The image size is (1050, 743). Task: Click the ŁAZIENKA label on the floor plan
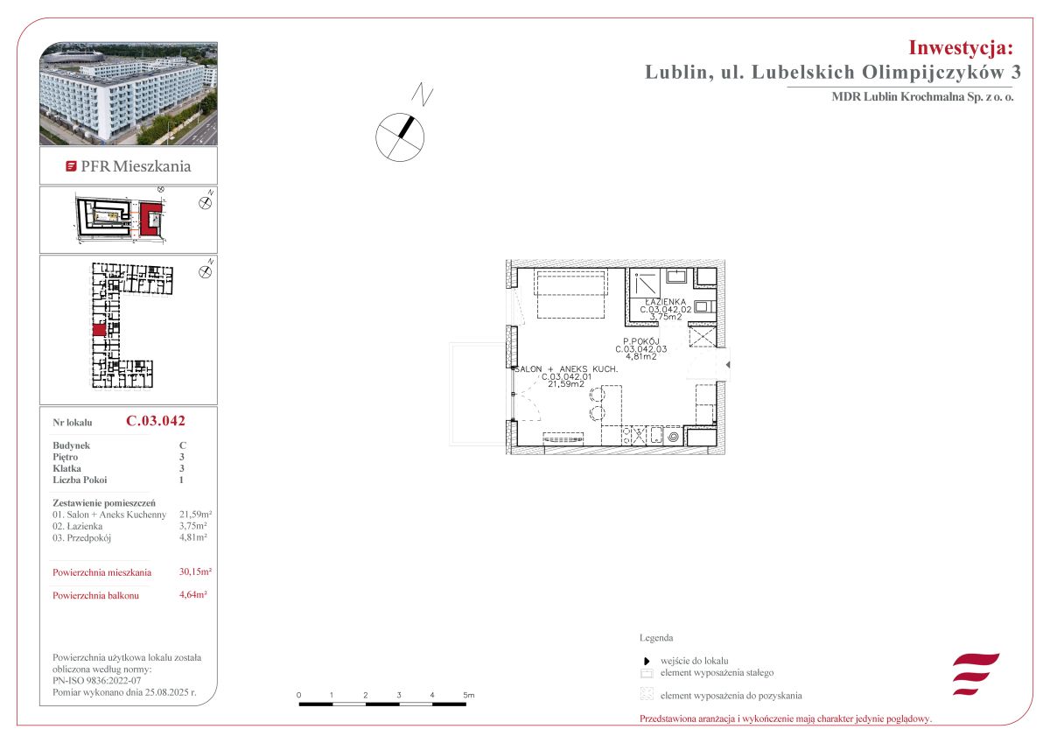coord(665,302)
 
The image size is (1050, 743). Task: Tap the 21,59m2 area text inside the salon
coord(566,384)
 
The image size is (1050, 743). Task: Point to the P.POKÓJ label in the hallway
coord(640,341)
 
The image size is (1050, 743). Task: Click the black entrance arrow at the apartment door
coord(727,364)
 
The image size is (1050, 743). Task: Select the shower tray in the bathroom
coord(645,284)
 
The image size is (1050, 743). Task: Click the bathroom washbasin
coord(676,276)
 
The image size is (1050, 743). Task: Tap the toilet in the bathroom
coord(704,306)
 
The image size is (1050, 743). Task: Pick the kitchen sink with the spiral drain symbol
coord(673,437)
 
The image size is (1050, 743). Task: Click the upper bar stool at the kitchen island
coord(597,394)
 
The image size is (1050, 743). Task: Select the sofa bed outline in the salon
coord(571,294)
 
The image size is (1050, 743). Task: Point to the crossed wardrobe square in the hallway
coord(703,336)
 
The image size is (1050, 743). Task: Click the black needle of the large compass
coord(406,127)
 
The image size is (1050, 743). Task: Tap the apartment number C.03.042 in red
coord(156,421)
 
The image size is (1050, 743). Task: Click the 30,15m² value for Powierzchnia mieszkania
coord(195,571)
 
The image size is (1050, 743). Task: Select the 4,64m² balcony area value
coord(193,594)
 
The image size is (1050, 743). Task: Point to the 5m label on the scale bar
coord(469,695)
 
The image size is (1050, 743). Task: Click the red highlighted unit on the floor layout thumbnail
coord(99,330)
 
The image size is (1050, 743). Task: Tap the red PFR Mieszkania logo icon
coord(71,166)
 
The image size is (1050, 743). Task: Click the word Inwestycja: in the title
coord(961,48)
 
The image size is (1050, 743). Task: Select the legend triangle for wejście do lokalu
coord(647,662)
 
